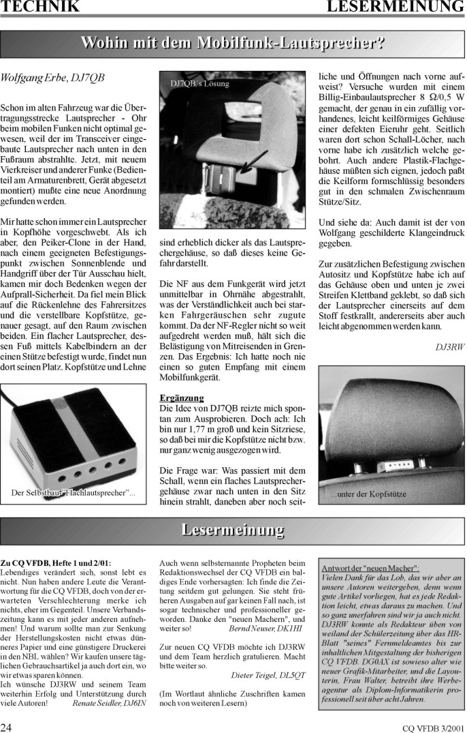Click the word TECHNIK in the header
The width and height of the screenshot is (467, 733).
[x=40, y=8]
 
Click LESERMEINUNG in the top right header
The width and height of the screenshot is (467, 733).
[x=395, y=8]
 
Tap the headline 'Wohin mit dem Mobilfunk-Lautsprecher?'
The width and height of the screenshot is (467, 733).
[x=233, y=43]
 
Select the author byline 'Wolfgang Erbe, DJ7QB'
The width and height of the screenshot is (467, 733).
[x=53, y=78]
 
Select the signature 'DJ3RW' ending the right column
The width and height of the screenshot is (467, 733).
[x=449, y=347]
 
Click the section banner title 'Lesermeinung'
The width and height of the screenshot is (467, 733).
[x=233, y=530]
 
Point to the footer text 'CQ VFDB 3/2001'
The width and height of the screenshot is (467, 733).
[x=434, y=725]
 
